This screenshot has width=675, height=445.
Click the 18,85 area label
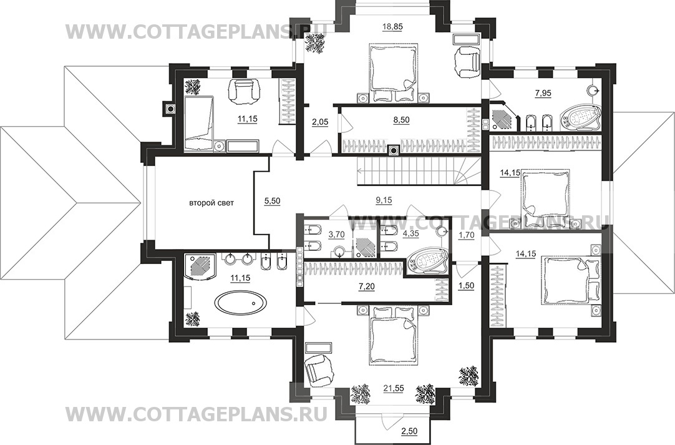tap(392, 26)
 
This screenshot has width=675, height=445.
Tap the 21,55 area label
tap(394, 388)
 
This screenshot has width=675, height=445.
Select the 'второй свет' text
tap(212, 202)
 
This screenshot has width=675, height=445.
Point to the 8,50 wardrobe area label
tap(401, 120)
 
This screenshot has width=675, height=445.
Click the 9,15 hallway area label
tap(384, 200)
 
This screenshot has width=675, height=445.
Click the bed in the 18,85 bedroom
tap(393, 74)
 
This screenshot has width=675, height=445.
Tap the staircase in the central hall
tap(419, 170)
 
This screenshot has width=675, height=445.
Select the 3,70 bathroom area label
tap(336, 234)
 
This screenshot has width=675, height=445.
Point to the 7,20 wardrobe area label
tap(367, 285)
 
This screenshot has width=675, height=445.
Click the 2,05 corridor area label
tap(320, 122)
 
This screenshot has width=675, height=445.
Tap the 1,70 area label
tap(466, 235)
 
